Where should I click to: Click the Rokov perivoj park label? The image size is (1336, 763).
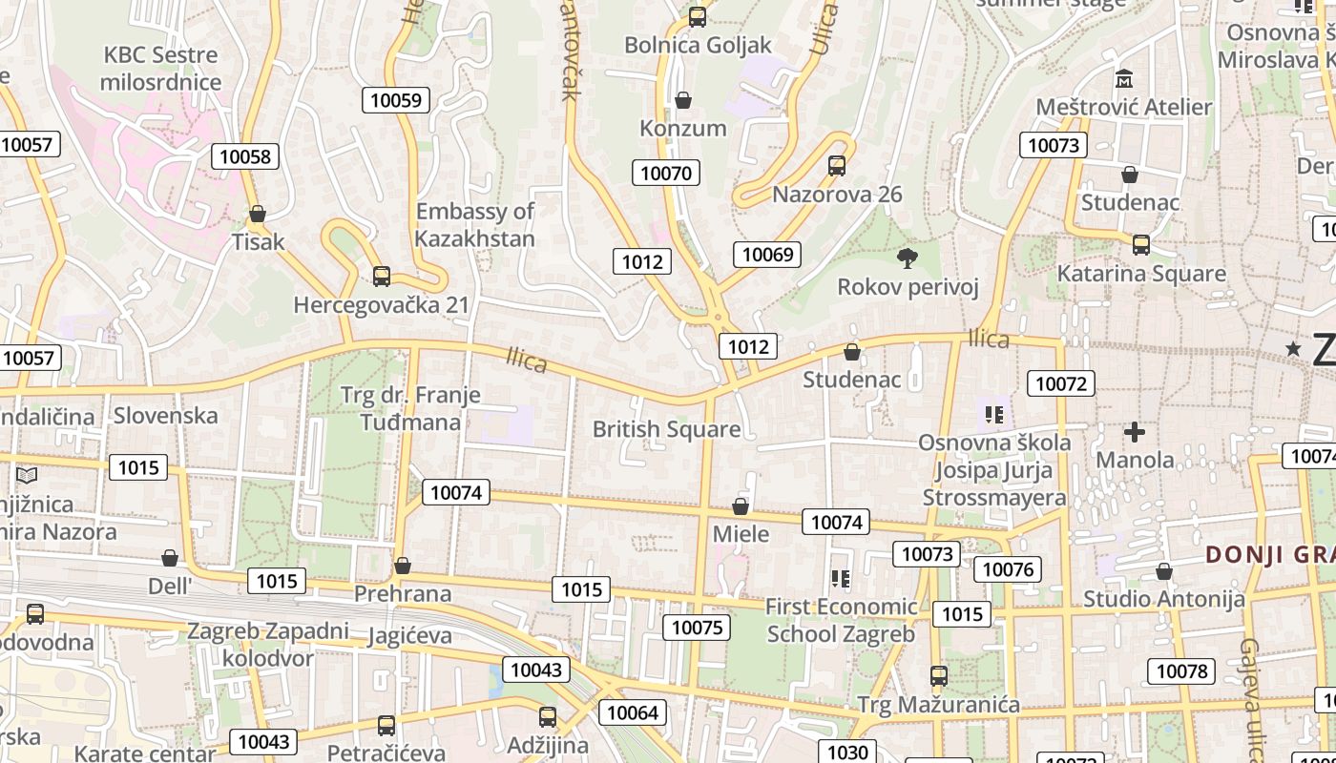(x=908, y=287)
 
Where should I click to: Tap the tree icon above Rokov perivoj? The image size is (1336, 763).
(x=908, y=258)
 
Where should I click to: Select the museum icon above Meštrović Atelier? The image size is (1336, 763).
(x=1123, y=78)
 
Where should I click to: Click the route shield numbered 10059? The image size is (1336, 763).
(x=396, y=100)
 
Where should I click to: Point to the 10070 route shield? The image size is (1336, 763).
(x=665, y=173)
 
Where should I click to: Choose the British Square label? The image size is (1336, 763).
(x=666, y=429)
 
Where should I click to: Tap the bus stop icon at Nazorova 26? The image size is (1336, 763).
(x=837, y=166)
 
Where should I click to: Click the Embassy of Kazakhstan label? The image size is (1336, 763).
(x=475, y=224)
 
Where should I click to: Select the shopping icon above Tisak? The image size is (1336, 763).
(x=257, y=214)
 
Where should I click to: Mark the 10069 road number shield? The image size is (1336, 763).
(x=767, y=254)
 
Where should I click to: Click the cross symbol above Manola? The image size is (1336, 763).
(x=1134, y=433)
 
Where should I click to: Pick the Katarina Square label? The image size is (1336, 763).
(x=1141, y=274)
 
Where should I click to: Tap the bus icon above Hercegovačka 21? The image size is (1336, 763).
(x=382, y=277)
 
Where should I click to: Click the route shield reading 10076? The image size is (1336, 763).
(x=1008, y=569)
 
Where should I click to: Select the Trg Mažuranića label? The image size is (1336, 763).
(x=938, y=705)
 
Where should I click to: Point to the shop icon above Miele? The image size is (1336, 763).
(x=741, y=506)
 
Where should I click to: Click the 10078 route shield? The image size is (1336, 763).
(x=1181, y=671)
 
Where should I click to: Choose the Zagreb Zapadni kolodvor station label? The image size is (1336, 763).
(x=267, y=645)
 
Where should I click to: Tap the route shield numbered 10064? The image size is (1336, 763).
(x=632, y=712)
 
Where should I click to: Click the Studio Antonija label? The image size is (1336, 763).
(x=1163, y=600)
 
